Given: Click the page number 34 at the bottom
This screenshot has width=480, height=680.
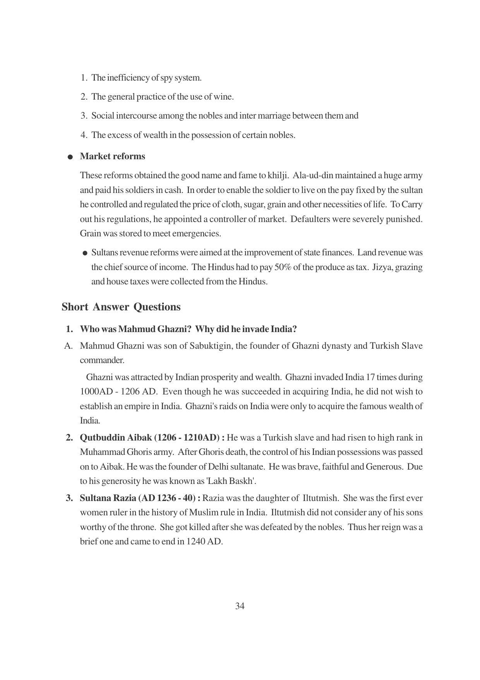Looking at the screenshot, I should pyautogui.click(x=240, y=606).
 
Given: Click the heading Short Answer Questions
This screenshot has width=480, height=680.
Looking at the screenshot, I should pyautogui.click(x=121, y=307).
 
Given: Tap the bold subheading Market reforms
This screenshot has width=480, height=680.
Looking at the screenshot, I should pyautogui.click(x=112, y=156).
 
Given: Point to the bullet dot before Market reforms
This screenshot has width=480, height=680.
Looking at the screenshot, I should pyautogui.click(x=70, y=157).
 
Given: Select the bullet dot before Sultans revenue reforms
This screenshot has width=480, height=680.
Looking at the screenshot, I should pyautogui.click(x=85, y=253).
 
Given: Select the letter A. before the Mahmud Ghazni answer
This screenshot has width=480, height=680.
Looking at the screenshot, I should pyautogui.click(x=69, y=346).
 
